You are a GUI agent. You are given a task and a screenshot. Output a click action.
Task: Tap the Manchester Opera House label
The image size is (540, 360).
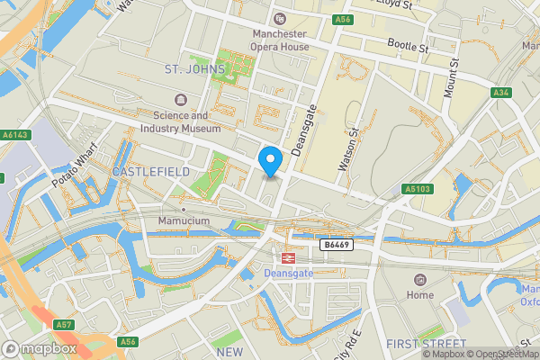tap(280, 41)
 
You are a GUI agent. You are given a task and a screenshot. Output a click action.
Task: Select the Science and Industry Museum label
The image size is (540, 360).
tap(180, 122)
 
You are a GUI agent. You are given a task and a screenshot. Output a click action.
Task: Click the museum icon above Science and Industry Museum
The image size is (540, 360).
tap(181, 99)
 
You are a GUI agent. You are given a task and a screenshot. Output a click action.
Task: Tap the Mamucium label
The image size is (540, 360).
tap(183, 220)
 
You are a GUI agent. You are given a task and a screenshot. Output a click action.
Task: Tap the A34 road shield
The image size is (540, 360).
tap(502, 93)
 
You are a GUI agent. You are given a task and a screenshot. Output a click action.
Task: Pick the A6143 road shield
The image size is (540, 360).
tap(15, 135)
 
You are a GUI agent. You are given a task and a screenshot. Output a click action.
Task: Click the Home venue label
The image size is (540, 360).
tap(419, 295)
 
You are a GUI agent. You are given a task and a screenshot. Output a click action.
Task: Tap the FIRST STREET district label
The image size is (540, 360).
tap(426, 345)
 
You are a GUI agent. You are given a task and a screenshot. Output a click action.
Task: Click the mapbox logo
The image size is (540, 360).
tap(38, 347)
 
